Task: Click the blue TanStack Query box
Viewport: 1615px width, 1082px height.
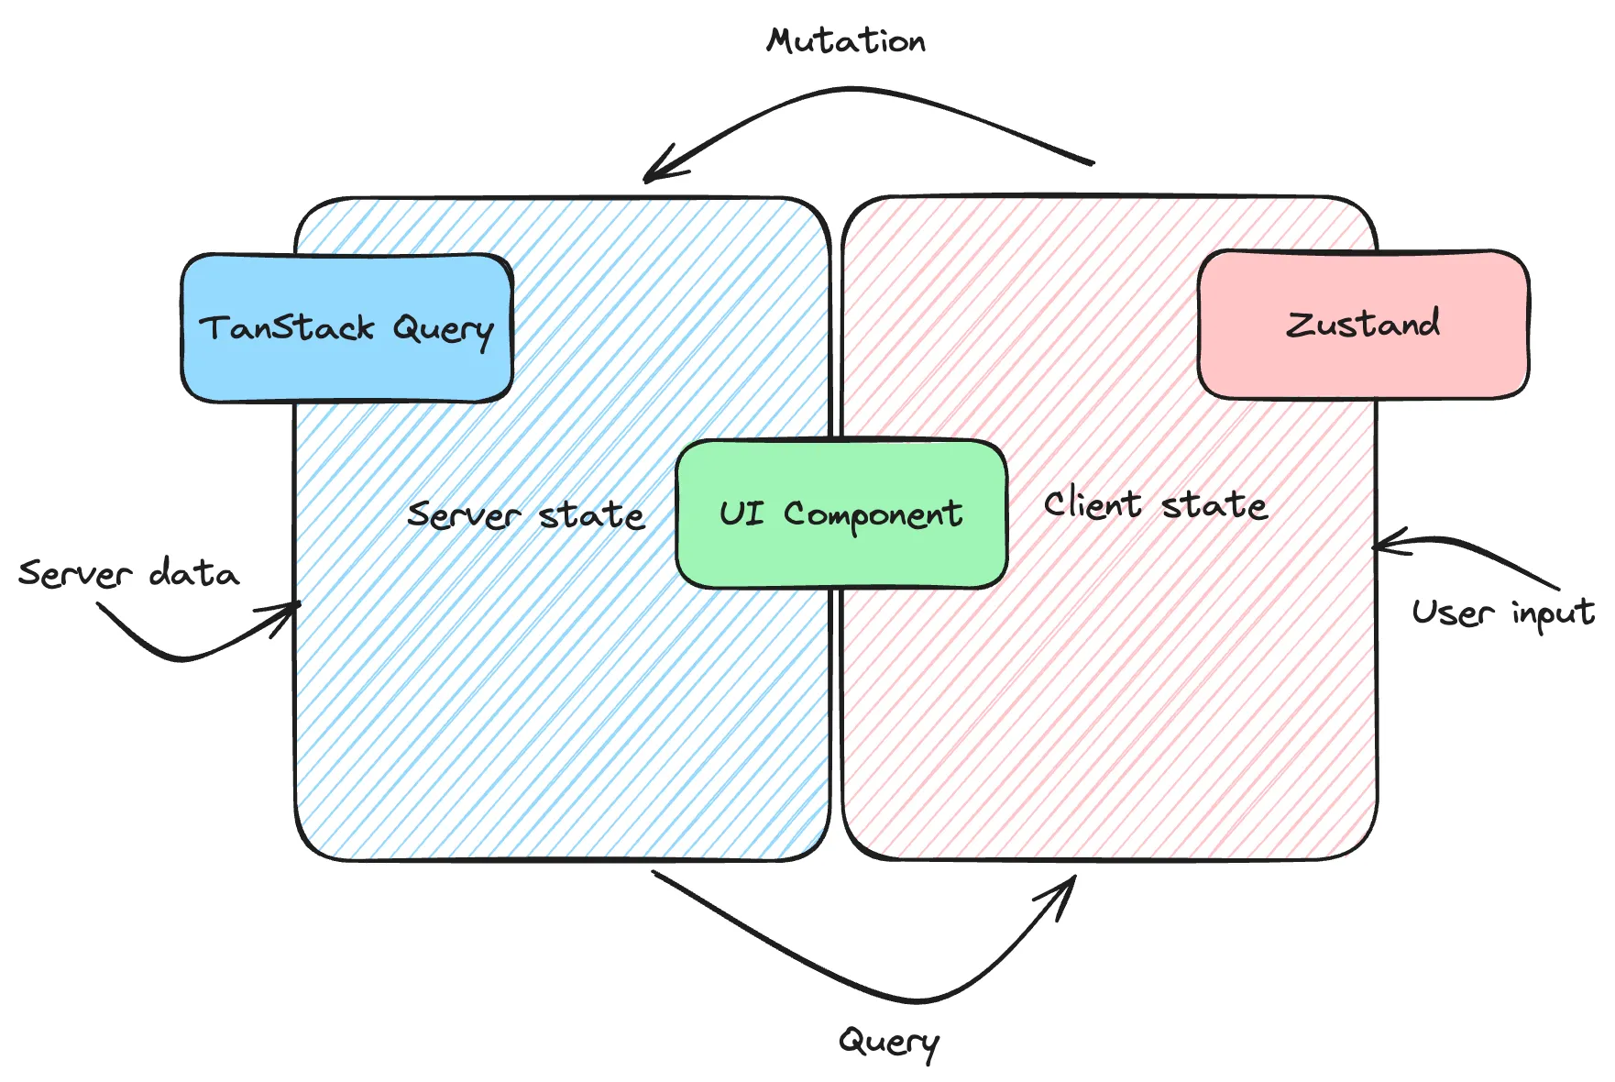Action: (346, 327)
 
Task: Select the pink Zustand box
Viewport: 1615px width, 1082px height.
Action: (1363, 325)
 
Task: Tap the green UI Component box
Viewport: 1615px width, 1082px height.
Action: (841, 513)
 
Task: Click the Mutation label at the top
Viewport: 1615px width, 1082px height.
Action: (846, 41)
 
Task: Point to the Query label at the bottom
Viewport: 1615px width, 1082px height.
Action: (889, 1042)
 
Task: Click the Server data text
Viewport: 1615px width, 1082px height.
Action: (128, 573)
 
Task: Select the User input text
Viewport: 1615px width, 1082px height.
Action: (1502, 613)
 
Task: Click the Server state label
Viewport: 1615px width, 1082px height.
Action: (526, 515)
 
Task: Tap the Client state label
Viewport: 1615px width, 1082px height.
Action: (1155, 505)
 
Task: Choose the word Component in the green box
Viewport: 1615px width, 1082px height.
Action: (873, 515)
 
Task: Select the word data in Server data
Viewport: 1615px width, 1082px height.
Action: (193, 573)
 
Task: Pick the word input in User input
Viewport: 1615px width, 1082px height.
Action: (1553, 613)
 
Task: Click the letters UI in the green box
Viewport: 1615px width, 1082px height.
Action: (741, 513)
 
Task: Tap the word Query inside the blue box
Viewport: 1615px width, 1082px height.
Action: (443, 329)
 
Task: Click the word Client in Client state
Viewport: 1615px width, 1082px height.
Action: (1093, 504)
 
